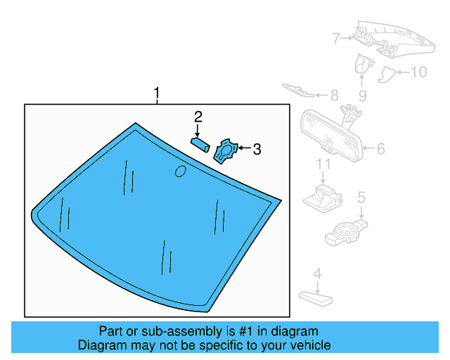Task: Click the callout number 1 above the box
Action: tap(157, 93)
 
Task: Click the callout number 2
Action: tap(198, 116)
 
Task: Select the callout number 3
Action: tap(257, 148)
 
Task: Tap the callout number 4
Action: tap(317, 273)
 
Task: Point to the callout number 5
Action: tap(361, 198)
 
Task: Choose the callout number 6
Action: tap(380, 148)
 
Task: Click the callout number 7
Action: tap(336, 37)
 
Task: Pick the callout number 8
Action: tap(333, 94)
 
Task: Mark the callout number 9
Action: tap(362, 95)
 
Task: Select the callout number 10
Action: tap(418, 72)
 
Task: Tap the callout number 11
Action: tap(322, 164)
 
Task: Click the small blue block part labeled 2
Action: tap(200, 143)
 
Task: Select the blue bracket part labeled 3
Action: tap(226, 150)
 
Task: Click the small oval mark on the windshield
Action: tap(180, 170)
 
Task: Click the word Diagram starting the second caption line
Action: tap(100, 345)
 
